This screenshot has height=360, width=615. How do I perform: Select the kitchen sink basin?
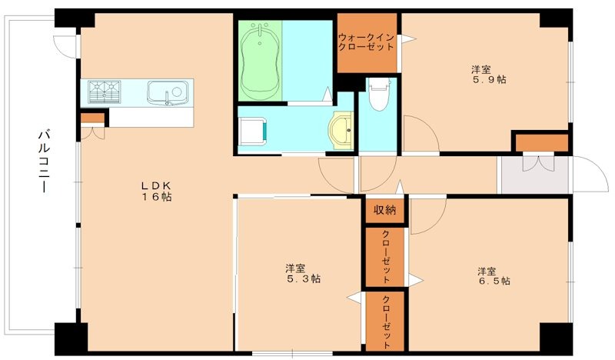coord(168,93)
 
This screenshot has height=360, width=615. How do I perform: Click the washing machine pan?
coord(251,132)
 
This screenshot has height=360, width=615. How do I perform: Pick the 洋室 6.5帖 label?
coord(490,276)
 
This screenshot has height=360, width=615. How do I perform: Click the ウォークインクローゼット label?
coord(367,42)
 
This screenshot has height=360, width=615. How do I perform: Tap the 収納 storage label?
coord(384,210)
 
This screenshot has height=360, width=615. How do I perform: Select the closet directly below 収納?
coord(384,257)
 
